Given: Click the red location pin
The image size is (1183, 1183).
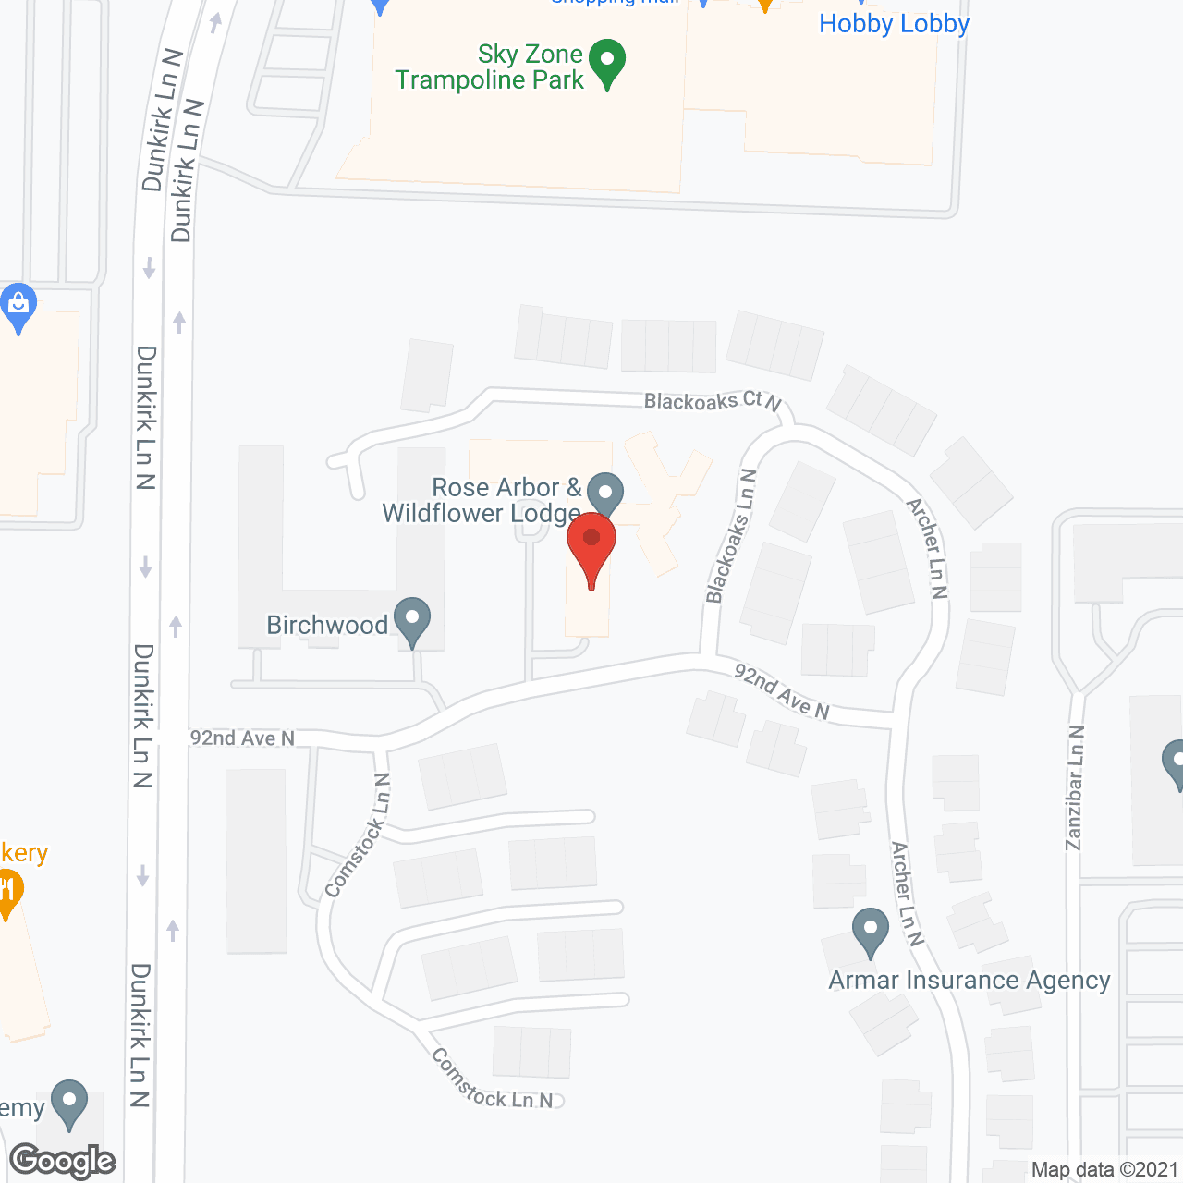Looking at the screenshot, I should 591,549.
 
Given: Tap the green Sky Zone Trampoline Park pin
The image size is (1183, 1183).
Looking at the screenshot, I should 607,63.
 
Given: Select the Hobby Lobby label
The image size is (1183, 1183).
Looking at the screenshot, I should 894,24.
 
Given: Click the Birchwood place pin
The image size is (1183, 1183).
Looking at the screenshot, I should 412,621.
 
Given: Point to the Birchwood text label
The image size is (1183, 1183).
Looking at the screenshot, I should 327,626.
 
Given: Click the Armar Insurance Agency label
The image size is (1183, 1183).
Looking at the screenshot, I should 970,981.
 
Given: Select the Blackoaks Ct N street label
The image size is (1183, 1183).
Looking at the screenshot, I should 713,401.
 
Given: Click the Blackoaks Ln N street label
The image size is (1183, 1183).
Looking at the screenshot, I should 731,536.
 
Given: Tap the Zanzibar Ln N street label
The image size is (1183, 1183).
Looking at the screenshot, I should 1075,787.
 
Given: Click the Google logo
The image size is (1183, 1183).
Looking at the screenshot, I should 63,1161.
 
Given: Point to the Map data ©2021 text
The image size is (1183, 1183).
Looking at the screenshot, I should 1104,1170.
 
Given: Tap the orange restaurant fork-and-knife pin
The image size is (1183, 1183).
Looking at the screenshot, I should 7,891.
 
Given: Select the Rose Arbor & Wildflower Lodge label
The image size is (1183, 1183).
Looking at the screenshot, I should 482,500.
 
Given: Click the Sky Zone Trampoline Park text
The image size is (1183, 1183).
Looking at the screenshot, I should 490,67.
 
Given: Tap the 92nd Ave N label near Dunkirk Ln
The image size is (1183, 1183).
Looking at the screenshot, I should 242,738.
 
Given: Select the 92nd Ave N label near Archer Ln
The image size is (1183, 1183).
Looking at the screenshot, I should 782,692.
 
